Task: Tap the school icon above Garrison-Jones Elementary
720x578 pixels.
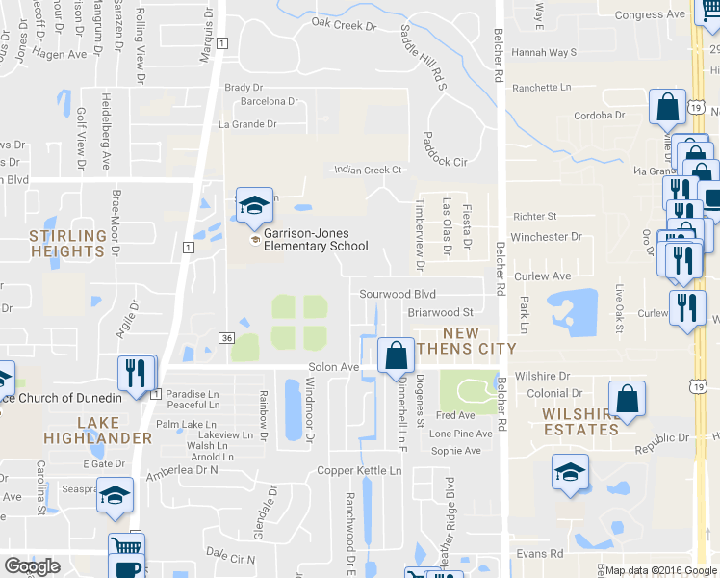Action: tap(254, 205)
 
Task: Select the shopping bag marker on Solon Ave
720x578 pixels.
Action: tap(395, 355)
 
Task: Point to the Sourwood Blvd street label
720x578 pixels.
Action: tap(398, 294)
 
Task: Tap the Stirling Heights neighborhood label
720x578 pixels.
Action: tap(66, 243)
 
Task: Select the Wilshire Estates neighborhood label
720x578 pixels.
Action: tap(579, 422)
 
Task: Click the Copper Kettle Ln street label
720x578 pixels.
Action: tap(361, 471)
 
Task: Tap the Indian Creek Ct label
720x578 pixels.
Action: tap(367, 171)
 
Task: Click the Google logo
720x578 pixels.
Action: tap(32, 566)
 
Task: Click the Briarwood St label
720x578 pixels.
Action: tap(441, 312)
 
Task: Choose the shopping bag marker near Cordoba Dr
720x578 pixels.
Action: tap(666, 108)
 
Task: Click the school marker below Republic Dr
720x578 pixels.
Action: tap(569, 472)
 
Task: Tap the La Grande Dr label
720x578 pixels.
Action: tap(247, 124)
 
